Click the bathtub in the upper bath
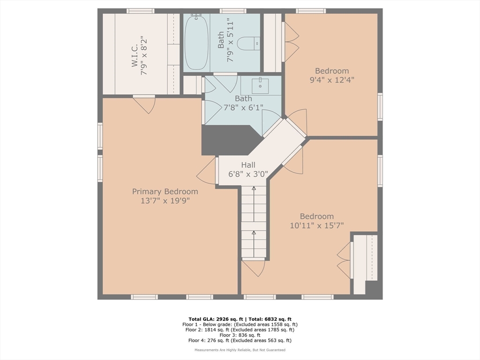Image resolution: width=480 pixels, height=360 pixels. click(x=196, y=42)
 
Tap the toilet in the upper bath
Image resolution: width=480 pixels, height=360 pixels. click(x=248, y=44)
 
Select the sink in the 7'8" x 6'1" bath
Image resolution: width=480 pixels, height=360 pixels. click(x=260, y=86)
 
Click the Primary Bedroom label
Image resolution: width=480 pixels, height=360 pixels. click(x=165, y=192)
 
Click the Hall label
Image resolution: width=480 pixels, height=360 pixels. click(x=248, y=165)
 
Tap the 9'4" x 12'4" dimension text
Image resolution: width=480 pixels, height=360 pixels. click(x=332, y=80)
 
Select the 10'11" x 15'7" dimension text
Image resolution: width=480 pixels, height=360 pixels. click(x=317, y=225)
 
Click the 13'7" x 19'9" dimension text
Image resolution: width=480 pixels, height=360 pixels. click(x=165, y=201)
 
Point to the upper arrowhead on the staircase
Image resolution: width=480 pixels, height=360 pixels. click(x=254, y=188)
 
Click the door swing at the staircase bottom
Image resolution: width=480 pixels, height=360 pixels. click(x=254, y=268)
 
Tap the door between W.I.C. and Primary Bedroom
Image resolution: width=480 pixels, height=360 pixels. click(x=144, y=105)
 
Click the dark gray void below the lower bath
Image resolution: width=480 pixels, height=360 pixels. click(x=228, y=140)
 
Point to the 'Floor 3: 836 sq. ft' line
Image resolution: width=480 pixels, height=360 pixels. click(x=240, y=335)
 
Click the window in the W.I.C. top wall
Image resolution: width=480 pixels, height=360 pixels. click(x=141, y=11)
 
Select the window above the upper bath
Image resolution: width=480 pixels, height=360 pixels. click(x=232, y=11)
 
